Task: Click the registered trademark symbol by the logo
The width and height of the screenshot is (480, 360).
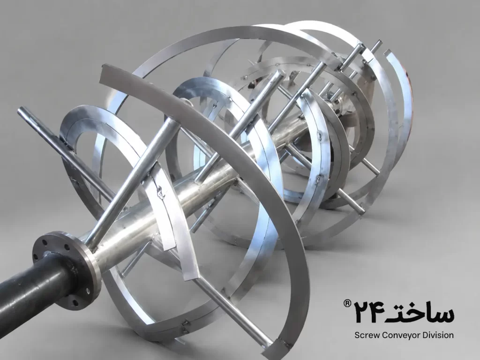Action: [347, 303]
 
